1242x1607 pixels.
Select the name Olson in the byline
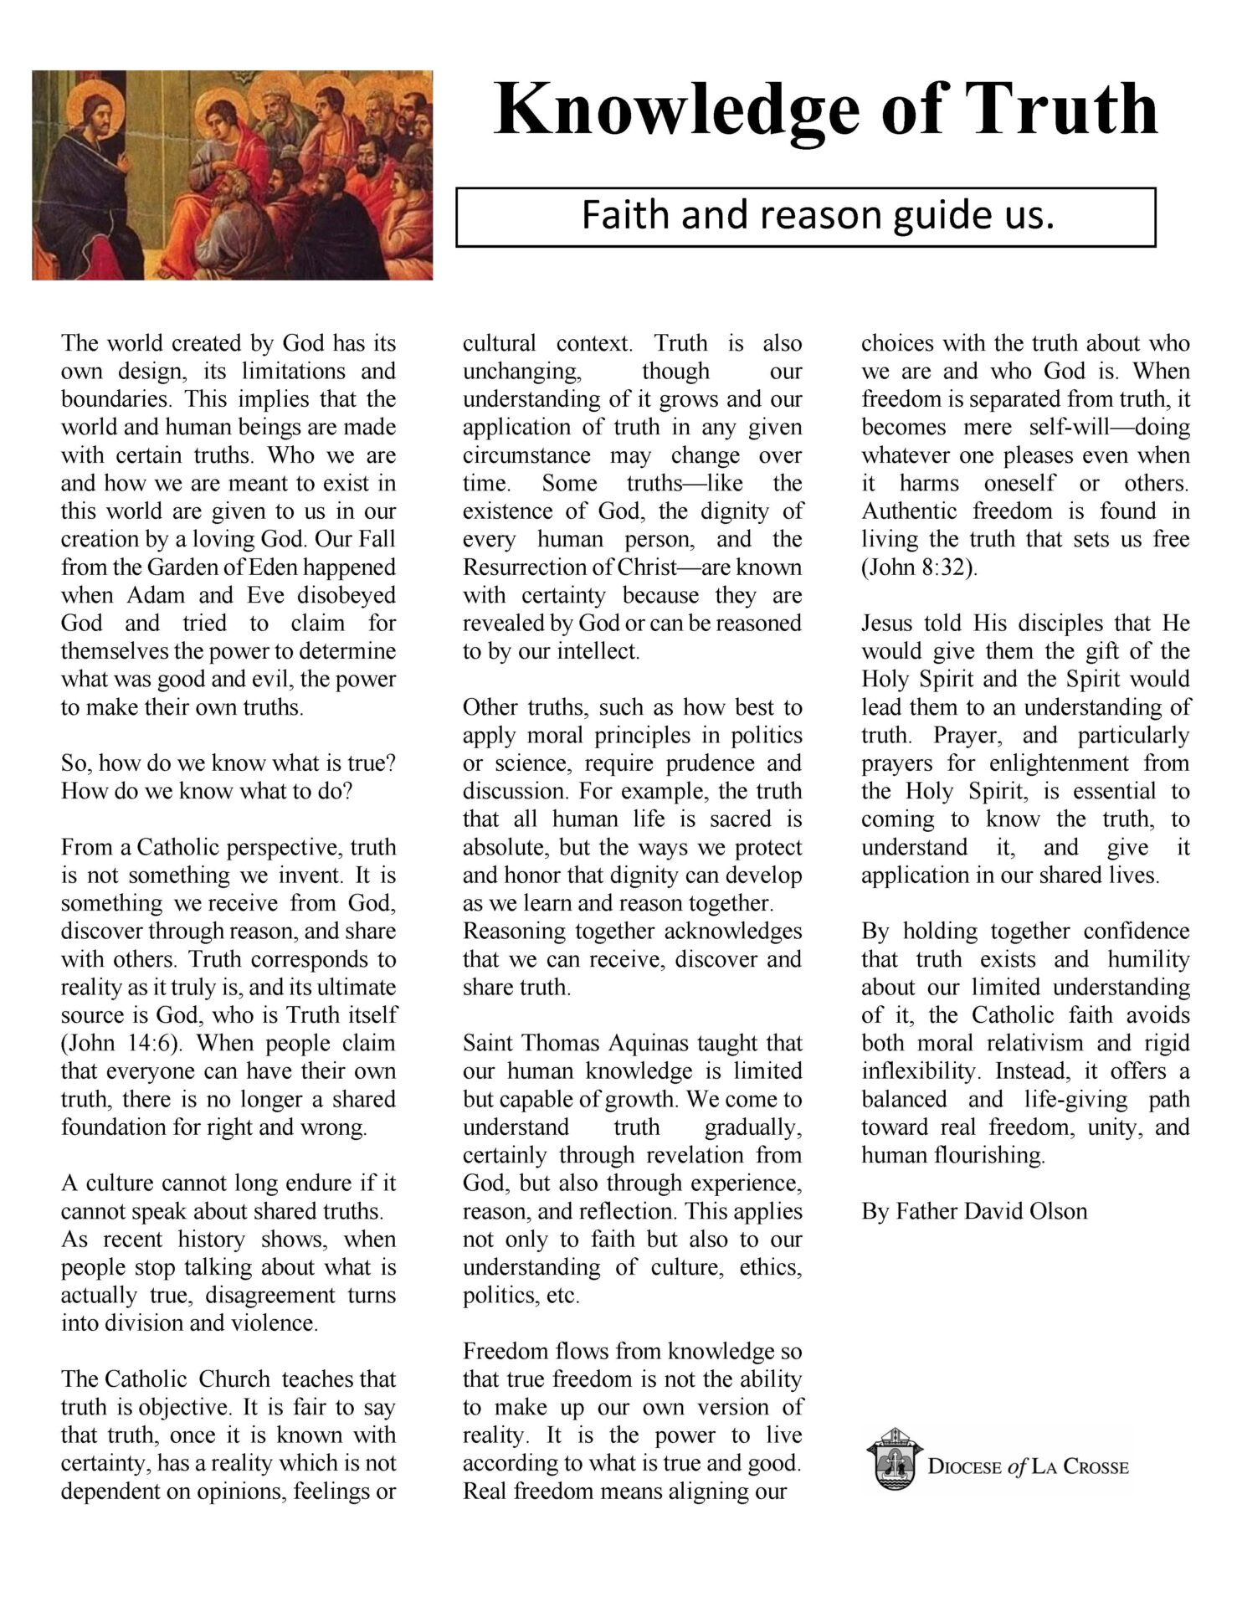[x=1058, y=1211]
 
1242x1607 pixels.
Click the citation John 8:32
[x=919, y=567]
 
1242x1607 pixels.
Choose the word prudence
[x=712, y=763]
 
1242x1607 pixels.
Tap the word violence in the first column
[x=278, y=1323]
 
